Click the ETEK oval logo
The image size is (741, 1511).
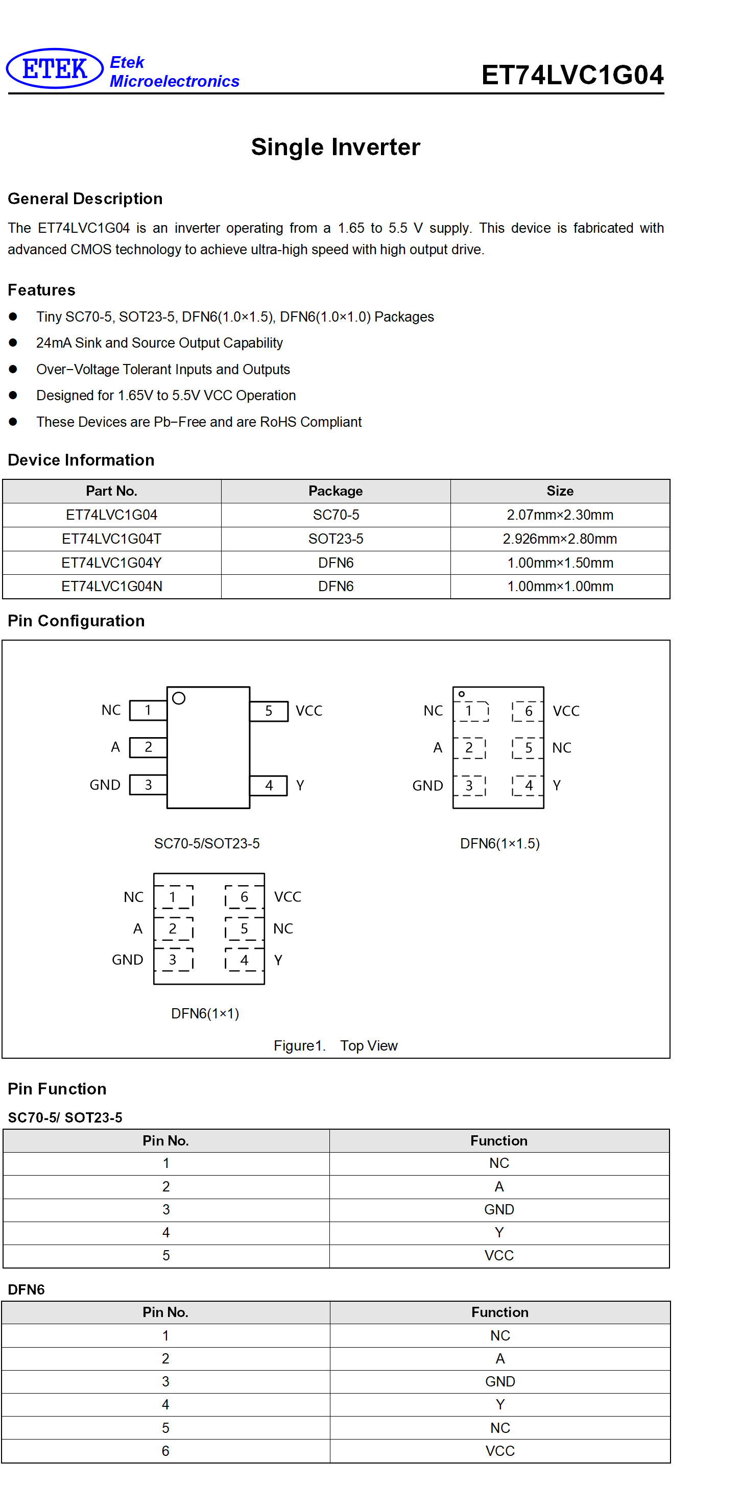(55, 68)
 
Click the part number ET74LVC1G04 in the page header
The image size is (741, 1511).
(572, 75)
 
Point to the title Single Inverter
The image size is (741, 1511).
(336, 147)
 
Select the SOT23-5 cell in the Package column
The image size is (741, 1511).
(336, 539)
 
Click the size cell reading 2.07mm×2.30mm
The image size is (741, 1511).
(560, 515)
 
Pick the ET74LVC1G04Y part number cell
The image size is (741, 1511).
(111, 563)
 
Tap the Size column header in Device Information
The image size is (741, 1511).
(560, 491)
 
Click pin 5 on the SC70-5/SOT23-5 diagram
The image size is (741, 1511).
(269, 711)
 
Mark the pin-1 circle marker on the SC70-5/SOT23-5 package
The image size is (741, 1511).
(179, 698)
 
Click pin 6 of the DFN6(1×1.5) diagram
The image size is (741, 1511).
(528, 711)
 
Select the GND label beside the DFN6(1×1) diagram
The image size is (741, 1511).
(127, 960)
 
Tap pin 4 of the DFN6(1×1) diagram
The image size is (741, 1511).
(244, 960)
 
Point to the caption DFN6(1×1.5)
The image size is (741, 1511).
(500, 843)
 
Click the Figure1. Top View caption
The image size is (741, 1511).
(336, 1045)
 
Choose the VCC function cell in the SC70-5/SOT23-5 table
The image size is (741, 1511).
(499, 1255)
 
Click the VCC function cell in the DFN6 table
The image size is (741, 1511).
(500, 1451)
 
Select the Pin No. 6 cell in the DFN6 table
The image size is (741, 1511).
(165, 1451)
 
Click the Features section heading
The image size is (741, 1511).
(42, 290)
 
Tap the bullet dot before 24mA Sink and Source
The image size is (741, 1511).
(13, 343)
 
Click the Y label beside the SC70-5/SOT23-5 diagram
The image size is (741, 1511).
(300, 785)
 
